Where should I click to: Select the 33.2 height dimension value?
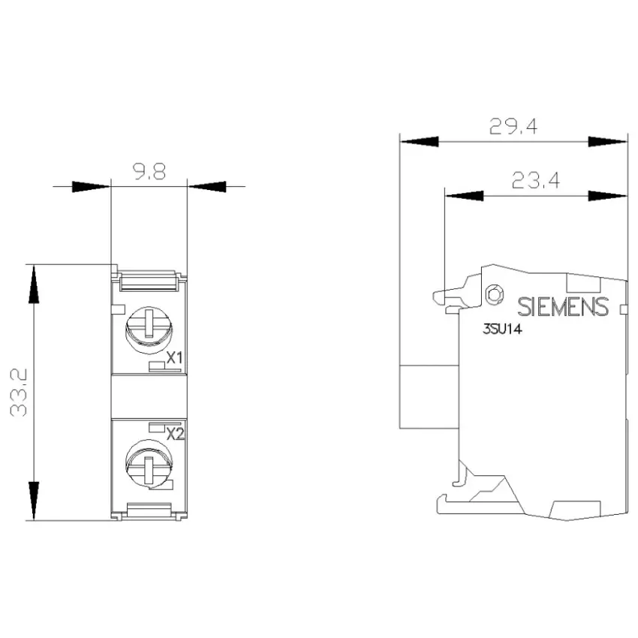[x=19, y=393]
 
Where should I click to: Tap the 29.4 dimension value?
[x=513, y=126]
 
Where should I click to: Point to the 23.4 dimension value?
[x=535, y=180]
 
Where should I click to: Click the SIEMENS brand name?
[x=563, y=307]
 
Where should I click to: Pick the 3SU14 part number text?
[x=502, y=329]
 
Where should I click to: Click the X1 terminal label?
[x=175, y=358]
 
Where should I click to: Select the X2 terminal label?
[x=176, y=434]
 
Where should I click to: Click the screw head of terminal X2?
[x=149, y=463]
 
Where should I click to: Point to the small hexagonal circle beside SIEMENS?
[x=495, y=293]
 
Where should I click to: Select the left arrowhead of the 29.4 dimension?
[x=420, y=142]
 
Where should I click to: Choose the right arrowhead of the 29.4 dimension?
[x=607, y=142]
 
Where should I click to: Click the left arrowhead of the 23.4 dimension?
[x=465, y=196]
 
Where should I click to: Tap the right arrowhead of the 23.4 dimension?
[x=607, y=196]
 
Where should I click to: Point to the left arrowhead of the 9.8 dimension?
[x=91, y=187]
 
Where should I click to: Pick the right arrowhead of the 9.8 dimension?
[x=207, y=187]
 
